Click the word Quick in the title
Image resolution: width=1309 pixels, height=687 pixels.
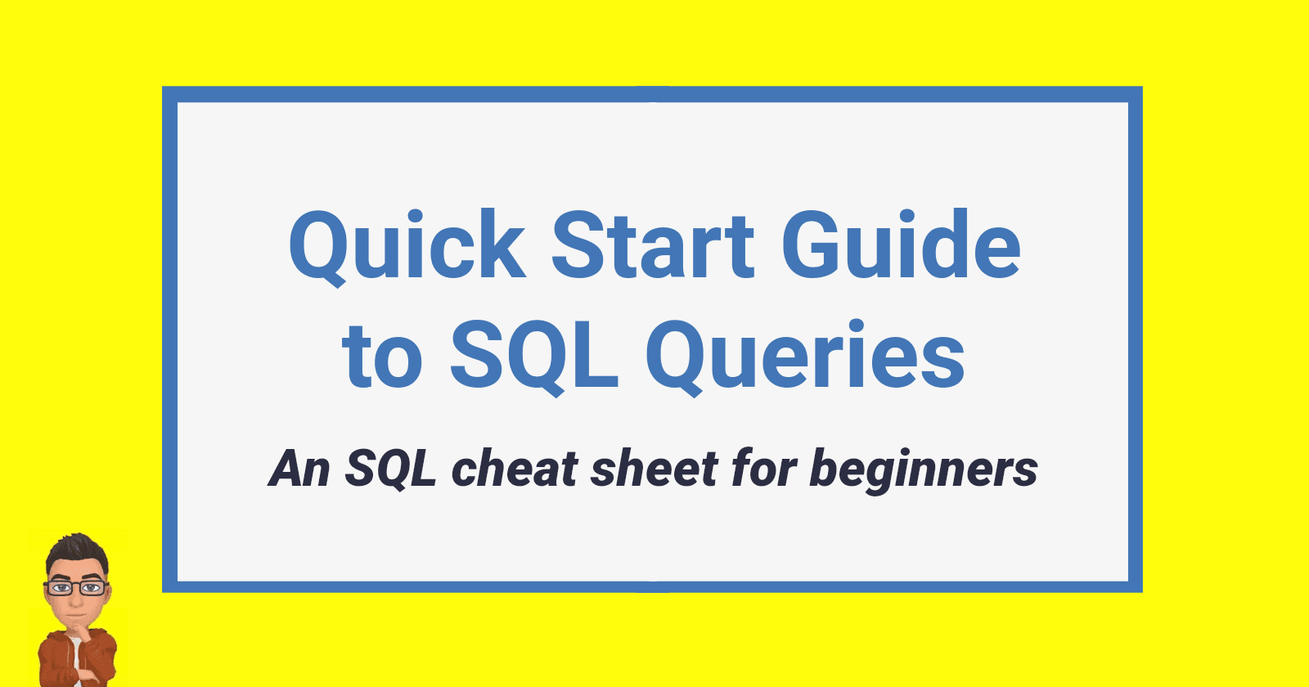pyautogui.click(x=407, y=246)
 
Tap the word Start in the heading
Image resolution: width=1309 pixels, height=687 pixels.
pyautogui.click(x=653, y=246)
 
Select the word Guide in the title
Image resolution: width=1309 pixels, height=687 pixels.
pyautogui.click(x=901, y=246)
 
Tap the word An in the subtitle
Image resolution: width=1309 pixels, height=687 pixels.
pyautogui.click(x=299, y=469)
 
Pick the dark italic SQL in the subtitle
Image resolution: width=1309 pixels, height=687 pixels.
pyautogui.click(x=390, y=469)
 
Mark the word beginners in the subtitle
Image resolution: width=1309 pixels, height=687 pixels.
pyautogui.click(x=924, y=469)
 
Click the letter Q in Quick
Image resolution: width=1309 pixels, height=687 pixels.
pyautogui.click(x=322, y=246)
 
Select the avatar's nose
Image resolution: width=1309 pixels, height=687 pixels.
pyautogui.click(x=74, y=596)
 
